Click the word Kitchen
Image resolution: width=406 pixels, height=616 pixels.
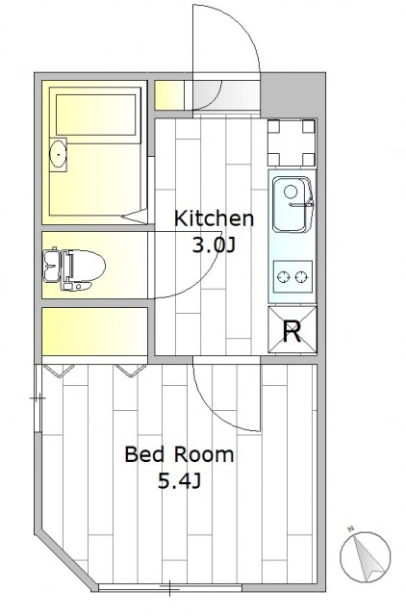(x=214, y=218)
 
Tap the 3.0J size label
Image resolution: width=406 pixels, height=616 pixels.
(x=214, y=245)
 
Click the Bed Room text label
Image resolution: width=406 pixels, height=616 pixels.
(x=179, y=454)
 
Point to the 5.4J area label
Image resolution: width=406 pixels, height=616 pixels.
(x=180, y=480)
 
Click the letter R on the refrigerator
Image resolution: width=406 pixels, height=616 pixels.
(x=292, y=331)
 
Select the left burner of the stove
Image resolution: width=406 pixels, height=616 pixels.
(x=283, y=277)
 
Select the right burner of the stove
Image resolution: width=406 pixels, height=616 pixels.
(x=301, y=277)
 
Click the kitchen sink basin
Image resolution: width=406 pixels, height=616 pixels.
(x=292, y=204)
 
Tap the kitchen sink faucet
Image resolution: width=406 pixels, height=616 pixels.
(x=302, y=204)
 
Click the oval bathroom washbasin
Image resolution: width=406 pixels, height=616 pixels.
(x=58, y=154)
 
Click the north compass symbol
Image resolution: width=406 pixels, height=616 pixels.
(x=366, y=557)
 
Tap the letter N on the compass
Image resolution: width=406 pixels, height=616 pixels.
(x=351, y=528)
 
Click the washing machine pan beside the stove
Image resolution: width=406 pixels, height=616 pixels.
(x=292, y=142)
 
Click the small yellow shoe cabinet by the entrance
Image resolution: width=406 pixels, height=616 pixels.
(x=169, y=95)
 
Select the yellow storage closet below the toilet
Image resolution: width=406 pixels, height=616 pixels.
(x=94, y=331)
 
